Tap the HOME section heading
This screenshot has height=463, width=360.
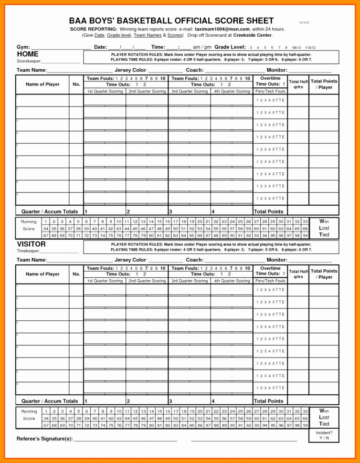coord(28,54)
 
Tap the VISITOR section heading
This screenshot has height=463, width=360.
coord(31,244)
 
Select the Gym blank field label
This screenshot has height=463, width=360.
coord(23,47)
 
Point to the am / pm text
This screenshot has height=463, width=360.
coord(202,47)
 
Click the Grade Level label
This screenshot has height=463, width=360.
coord(230,47)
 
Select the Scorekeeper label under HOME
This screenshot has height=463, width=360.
coord(29,62)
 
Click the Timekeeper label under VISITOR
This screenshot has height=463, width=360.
coord(28,251)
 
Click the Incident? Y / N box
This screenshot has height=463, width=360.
coord(324,435)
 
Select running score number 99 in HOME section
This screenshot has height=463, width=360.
coord(305,235)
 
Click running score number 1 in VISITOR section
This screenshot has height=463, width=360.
coord(46,410)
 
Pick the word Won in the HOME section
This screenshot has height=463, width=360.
coord(324,221)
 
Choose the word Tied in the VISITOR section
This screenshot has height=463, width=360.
coord(324,423)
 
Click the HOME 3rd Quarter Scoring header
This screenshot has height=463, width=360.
coord(190,91)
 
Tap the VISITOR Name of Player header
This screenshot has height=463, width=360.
coord(42,274)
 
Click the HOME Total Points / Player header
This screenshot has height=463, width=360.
coord(324,84)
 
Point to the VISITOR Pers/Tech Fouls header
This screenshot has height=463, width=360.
coord(270,281)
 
